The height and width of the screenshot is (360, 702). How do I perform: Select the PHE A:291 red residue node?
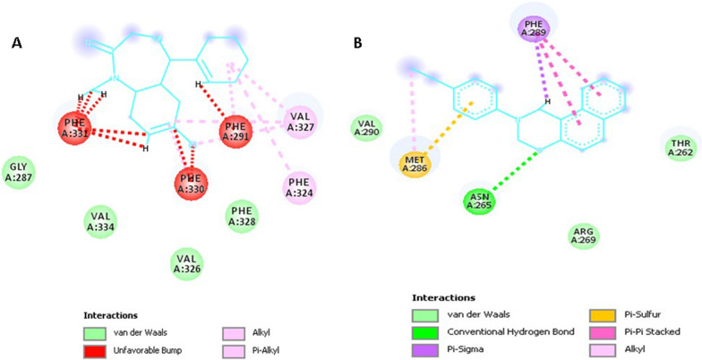237,128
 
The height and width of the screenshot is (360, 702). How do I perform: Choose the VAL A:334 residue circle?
100,220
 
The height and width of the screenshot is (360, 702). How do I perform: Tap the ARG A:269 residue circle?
585,236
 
